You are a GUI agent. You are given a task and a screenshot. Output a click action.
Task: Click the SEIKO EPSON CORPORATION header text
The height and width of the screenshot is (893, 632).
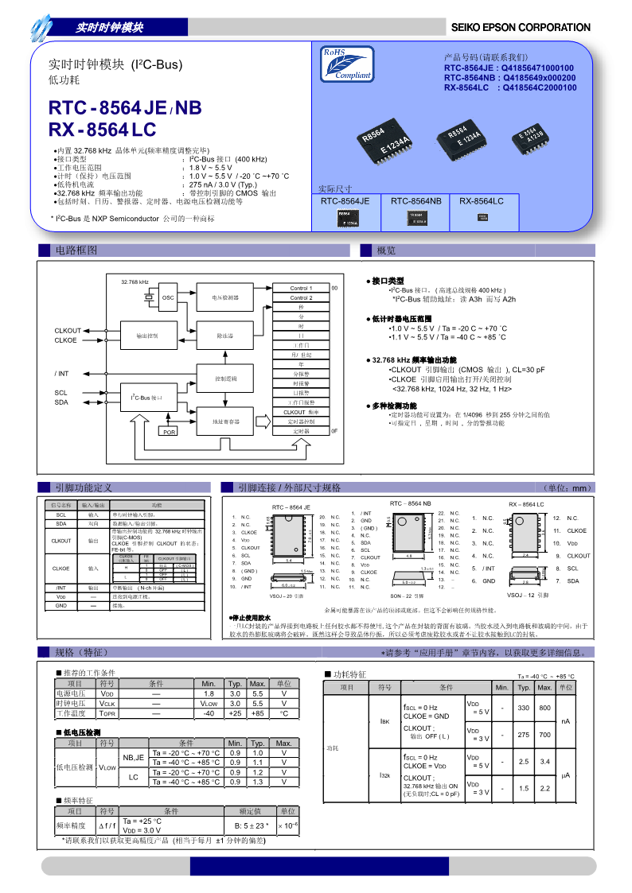(521, 28)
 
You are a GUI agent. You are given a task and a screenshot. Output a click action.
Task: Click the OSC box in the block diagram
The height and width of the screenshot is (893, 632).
(168, 297)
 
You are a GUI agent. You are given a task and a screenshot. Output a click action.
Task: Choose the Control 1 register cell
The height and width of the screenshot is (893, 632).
(301, 288)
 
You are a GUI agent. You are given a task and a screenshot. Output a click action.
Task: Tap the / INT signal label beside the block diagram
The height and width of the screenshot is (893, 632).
(61, 373)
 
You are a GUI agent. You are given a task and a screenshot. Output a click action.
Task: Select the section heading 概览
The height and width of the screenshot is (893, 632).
(387, 250)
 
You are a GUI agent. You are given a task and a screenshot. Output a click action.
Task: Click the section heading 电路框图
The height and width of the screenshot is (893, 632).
(76, 250)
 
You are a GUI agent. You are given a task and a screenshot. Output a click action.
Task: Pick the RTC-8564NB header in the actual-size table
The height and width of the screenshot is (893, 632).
(415, 202)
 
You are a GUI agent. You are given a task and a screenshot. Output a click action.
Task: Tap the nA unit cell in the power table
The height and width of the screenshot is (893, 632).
(565, 721)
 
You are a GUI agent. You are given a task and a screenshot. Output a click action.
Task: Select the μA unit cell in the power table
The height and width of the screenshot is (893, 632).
(565, 774)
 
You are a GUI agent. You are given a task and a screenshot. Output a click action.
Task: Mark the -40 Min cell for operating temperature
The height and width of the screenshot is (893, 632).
(209, 713)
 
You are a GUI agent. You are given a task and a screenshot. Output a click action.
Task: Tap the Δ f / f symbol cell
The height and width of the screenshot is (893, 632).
(106, 825)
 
